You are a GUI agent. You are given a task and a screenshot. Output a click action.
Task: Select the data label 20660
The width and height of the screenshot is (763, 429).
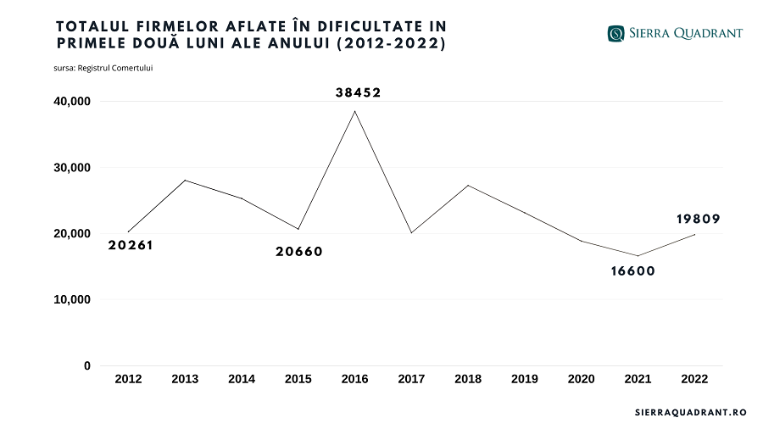coord(299,251)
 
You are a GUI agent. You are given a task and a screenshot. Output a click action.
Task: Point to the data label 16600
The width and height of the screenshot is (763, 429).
coord(632,271)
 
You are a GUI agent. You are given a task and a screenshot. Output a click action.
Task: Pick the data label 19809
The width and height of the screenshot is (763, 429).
coord(699,219)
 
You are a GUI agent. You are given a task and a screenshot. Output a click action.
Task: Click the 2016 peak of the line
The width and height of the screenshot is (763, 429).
coord(354,111)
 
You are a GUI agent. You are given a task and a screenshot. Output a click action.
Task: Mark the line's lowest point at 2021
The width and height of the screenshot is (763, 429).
coord(638,256)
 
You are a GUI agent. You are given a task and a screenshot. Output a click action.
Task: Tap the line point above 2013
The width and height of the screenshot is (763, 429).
coord(185,180)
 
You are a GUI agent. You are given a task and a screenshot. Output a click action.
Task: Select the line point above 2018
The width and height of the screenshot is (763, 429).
coord(468,185)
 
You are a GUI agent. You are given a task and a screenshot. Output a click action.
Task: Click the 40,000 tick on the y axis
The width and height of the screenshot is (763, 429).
coord(72,102)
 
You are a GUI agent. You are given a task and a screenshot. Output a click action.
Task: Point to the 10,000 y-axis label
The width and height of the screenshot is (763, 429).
coord(72,300)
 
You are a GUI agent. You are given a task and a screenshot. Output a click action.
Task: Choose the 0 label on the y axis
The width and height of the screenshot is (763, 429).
coord(86,366)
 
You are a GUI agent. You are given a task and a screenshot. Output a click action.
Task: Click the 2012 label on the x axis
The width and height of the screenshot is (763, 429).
coord(128,379)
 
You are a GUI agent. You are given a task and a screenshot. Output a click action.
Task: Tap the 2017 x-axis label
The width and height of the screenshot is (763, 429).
coord(411,379)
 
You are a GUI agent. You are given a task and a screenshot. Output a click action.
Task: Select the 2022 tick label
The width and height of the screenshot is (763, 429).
coord(694,379)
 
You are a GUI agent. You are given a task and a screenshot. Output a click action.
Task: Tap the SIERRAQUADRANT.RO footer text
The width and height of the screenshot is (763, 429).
coord(690,412)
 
